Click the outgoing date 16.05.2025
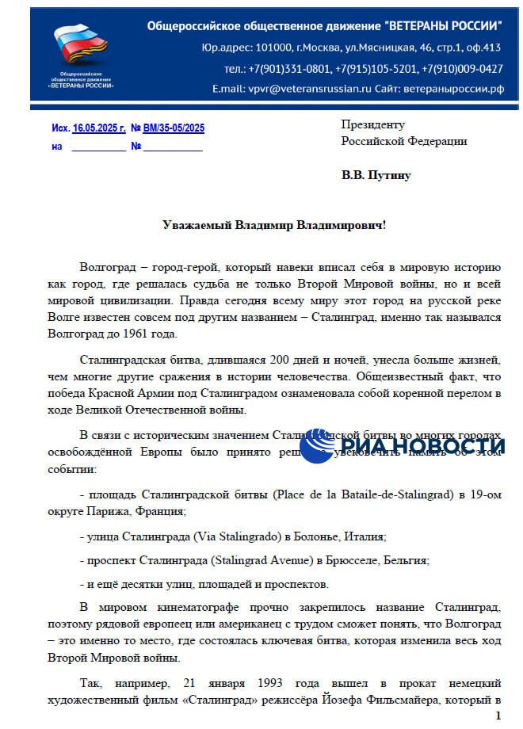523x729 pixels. coord(99,128)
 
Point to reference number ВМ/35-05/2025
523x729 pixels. coord(174,128)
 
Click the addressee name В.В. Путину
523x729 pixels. coord(376,175)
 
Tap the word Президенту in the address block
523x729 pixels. coord(372,124)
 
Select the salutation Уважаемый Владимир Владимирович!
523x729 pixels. coord(274,225)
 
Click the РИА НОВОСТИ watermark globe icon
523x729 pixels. coord(316,446)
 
